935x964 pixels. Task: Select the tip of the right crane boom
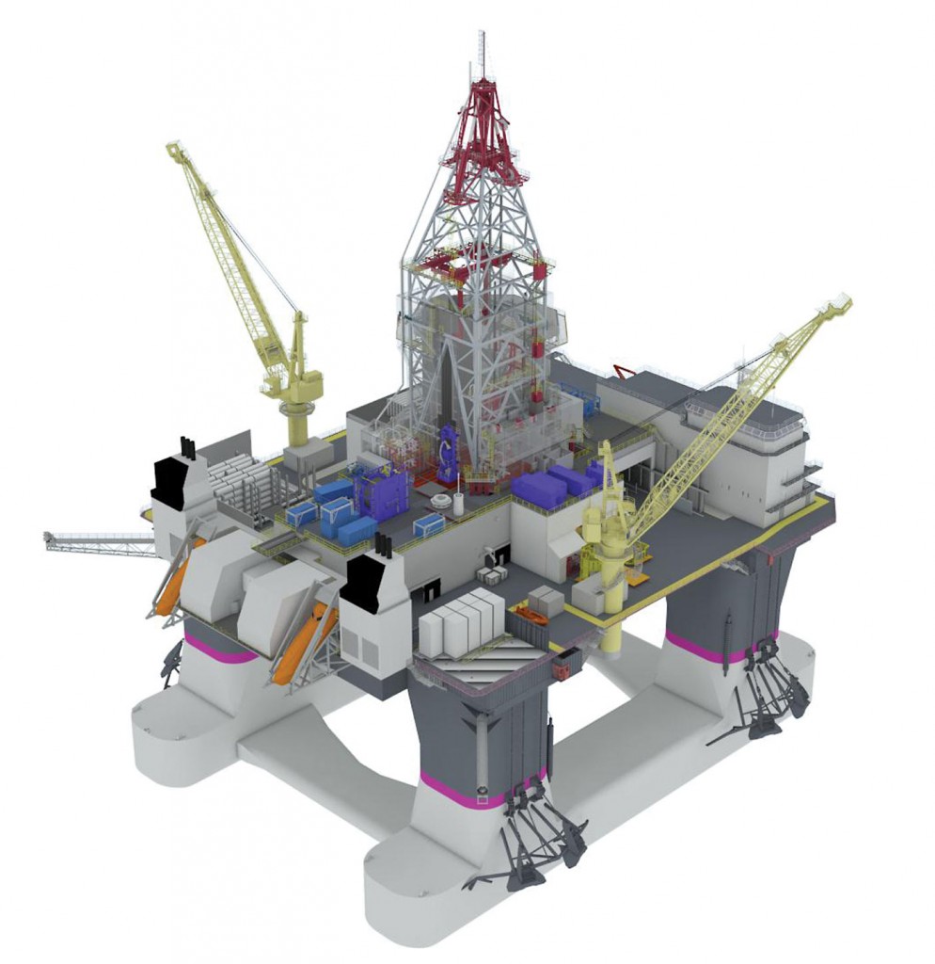click(841, 303)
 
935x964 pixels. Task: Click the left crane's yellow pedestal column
click(298, 424)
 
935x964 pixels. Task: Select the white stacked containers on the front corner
click(462, 621)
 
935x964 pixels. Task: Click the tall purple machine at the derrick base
click(450, 452)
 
